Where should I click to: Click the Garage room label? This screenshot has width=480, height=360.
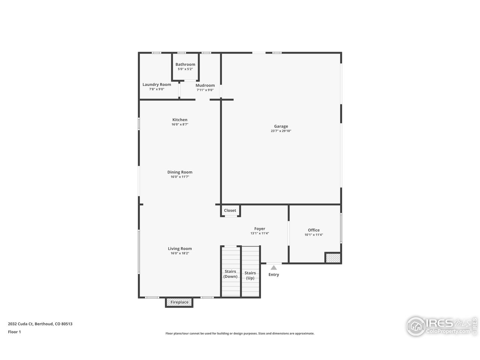[281, 126]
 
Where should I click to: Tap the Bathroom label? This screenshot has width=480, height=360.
[185, 64]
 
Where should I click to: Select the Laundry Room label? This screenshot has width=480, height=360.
[157, 84]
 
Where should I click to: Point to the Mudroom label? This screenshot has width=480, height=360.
[205, 85]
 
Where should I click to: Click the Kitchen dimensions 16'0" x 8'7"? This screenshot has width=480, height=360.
[180, 124]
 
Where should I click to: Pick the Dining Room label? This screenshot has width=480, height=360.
[180, 172]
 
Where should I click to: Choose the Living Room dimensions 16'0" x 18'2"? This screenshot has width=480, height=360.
[180, 253]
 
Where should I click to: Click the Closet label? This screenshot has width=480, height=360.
[230, 210]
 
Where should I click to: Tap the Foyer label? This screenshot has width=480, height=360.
[259, 229]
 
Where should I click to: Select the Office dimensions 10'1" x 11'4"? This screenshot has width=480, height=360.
[313, 235]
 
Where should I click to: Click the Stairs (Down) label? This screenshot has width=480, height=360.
[230, 274]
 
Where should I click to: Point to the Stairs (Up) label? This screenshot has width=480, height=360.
[250, 275]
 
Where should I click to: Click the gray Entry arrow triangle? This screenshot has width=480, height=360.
[274, 268]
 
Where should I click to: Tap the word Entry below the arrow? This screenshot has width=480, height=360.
[274, 274]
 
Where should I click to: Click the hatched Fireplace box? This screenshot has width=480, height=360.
[179, 302]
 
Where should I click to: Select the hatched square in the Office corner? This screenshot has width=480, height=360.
[333, 258]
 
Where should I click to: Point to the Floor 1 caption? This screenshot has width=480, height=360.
[14, 332]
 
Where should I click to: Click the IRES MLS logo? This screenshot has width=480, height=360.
[441, 326]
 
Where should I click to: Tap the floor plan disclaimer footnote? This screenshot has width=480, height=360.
[240, 333]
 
